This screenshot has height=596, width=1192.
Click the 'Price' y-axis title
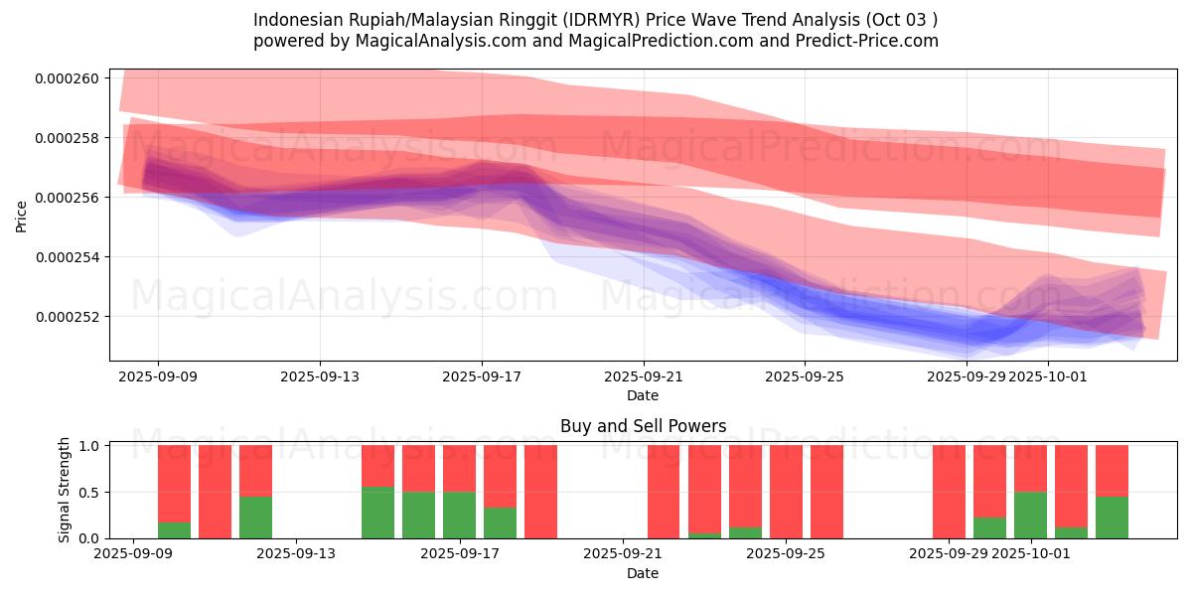[x=22, y=216]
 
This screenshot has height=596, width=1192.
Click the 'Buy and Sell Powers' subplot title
[x=643, y=426]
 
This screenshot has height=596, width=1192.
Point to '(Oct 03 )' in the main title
[x=899, y=20]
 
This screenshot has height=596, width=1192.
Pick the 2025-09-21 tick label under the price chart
[x=643, y=376]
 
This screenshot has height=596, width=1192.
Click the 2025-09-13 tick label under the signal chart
[x=296, y=554]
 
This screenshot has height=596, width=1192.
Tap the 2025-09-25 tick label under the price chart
[x=805, y=376]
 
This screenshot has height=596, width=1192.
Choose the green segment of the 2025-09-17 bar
[x=459, y=515]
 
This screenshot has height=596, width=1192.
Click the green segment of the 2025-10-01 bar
[x=1031, y=515]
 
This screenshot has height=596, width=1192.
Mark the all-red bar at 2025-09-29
[x=949, y=492]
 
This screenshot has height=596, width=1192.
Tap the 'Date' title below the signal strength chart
[x=643, y=573]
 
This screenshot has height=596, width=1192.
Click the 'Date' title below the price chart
[x=643, y=395]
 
